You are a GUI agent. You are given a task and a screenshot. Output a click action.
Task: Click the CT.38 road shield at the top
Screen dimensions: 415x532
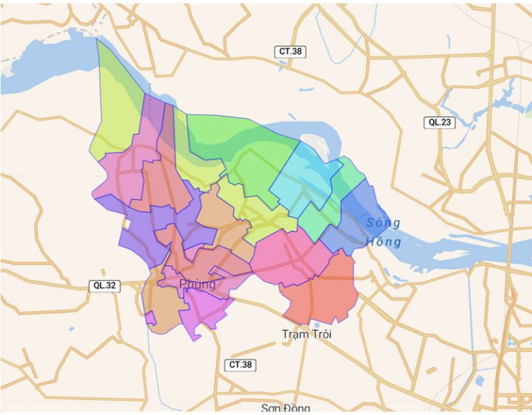coord(290,51)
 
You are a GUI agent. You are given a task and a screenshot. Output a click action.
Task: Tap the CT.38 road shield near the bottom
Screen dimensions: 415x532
coord(240,364)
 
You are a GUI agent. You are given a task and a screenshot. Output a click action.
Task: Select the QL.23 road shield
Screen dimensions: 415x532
coord(439,122)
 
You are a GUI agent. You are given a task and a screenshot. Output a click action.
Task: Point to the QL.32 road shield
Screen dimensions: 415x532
coord(104,285)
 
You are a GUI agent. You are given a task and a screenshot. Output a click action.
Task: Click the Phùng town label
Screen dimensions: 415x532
coord(197,284)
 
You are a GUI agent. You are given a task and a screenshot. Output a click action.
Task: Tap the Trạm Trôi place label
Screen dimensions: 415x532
coord(307,335)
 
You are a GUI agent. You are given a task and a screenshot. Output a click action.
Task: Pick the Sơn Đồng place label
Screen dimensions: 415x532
coord(283,407)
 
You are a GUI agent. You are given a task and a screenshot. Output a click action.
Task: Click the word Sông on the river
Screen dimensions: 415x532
coord(383,223)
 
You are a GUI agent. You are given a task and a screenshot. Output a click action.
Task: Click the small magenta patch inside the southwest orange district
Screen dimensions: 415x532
coord(150,318)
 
